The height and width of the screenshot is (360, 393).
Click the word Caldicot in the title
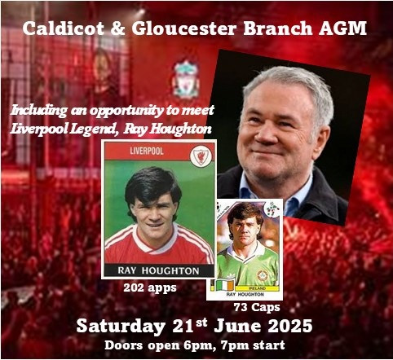[64, 29]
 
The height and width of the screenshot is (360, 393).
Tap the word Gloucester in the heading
[183, 29]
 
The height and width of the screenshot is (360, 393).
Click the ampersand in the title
[117, 29]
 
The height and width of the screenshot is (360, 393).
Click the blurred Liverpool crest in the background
[186, 79]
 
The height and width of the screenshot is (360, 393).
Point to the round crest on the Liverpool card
[201, 156]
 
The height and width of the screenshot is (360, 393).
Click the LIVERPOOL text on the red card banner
[147, 151]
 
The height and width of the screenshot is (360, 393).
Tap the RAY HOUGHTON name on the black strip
[158, 270]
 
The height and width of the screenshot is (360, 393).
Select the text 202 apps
[150, 288]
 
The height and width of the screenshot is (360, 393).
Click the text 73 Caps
[257, 307]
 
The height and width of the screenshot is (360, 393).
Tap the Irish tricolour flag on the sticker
[225, 285]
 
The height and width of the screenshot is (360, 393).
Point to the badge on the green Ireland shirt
[263, 275]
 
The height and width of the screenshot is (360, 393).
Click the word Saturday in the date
[121, 326]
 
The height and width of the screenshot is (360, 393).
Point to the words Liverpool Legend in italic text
[64, 130]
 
